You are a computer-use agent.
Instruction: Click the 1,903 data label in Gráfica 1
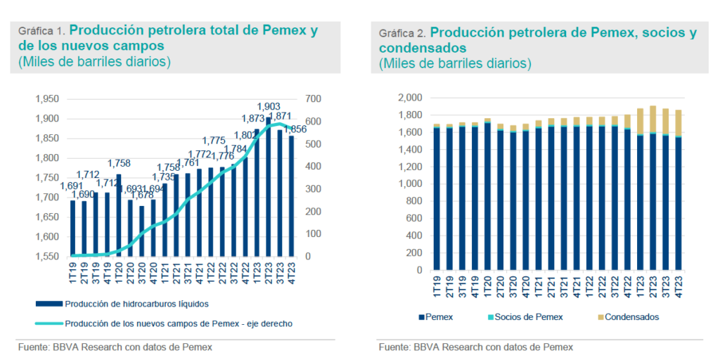(x=269, y=106)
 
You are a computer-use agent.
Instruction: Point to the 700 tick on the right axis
(x=312, y=98)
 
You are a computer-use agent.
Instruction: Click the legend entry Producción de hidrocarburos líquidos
(x=127, y=304)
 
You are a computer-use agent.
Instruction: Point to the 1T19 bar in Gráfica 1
(x=72, y=229)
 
